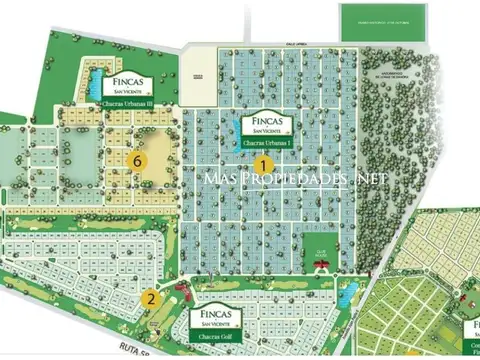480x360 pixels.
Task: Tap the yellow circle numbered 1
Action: [264, 164]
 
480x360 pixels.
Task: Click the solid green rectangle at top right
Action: [383, 22]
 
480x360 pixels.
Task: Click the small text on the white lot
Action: [199, 76]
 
